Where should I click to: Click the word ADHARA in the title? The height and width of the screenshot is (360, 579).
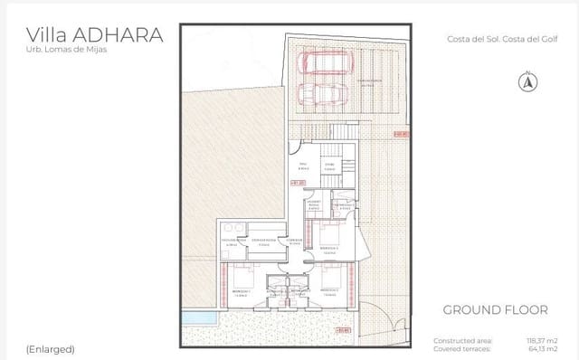120,35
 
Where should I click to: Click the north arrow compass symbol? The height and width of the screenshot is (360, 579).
525,82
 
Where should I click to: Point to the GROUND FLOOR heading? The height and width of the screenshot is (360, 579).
495,310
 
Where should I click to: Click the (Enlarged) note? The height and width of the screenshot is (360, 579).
50,348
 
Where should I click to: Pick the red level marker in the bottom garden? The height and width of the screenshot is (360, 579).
343,331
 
